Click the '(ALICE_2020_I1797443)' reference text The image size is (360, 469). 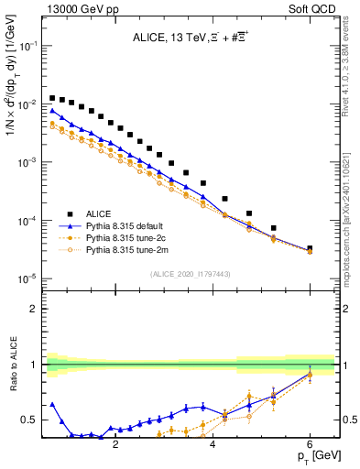[x=191, y=275]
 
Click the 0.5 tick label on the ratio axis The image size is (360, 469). [x=31, y=420]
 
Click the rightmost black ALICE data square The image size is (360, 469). [x=310, y=248]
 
